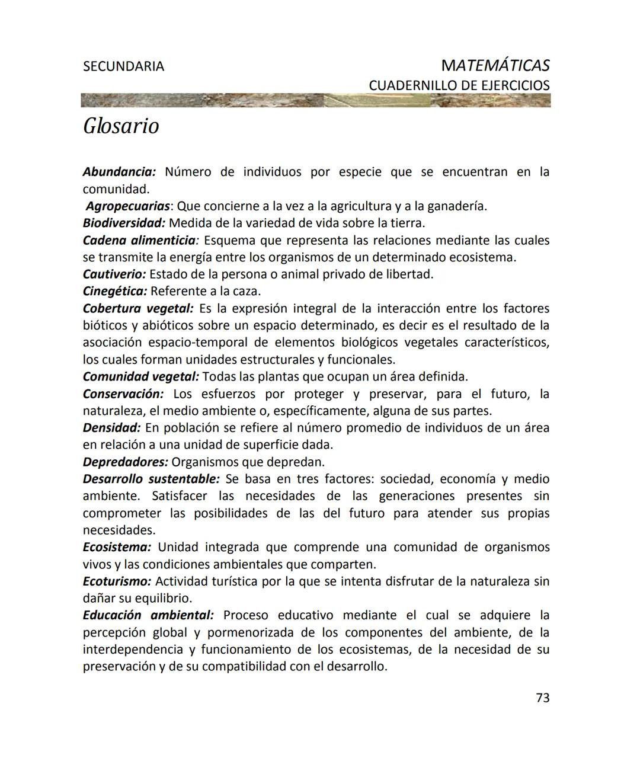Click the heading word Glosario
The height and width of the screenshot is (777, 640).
pyautogui.click(x=121, y=126)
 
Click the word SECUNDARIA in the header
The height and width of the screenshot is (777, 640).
pyautogui.click(x=123, y=66)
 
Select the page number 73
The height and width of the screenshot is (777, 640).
pyautogui.click(x=542, y=698)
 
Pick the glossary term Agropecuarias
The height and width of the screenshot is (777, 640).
pyautogui.click(x=128, y=206)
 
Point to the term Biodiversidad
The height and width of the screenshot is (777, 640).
pyautogui.click(x=124, y=223)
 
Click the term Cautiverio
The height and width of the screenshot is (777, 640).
pyautogui.click(x=114, y=274)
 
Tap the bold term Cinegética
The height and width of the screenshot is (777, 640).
pyautogui.click(x=115, y=292)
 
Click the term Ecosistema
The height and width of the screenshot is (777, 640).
pyautogui.click(x=117, y=548)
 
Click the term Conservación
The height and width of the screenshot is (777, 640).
pyautogui.click(x=123, y=394)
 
